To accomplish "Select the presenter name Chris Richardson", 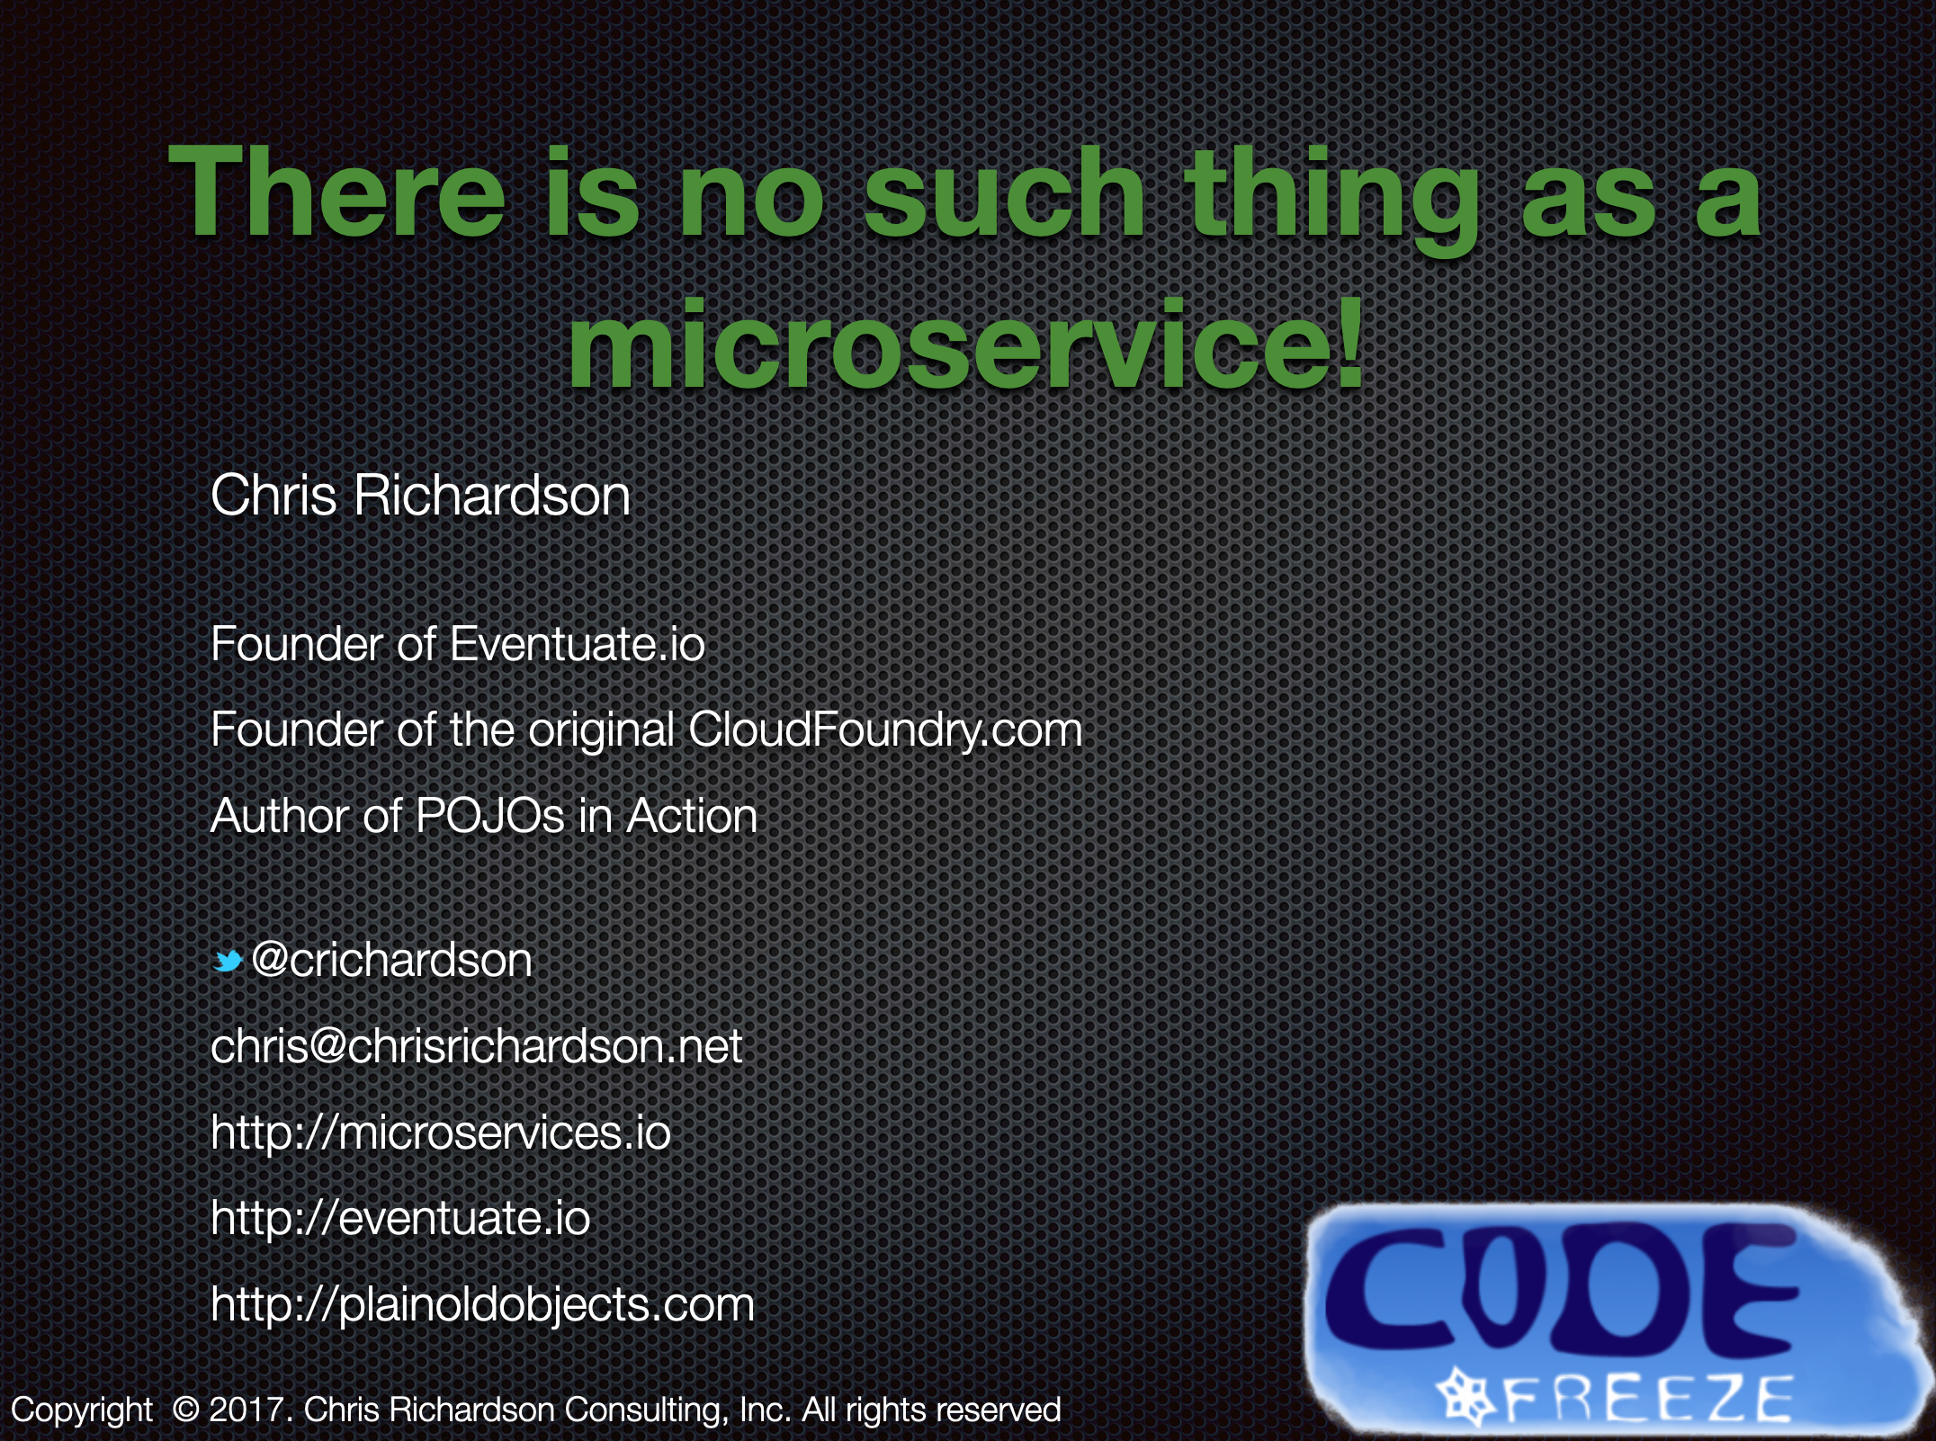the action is click(x=420, y=496).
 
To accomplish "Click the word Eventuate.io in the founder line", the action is click(x=577, y=644).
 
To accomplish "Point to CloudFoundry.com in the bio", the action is click(x=885, y=729).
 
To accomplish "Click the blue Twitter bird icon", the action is click(x=229, y=962).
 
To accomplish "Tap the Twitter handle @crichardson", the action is click(x=392, y=961).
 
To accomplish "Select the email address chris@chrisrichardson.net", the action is click(x=477, y=1046).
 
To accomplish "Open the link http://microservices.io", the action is click(x=441, y=1132).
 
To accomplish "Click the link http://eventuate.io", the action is click(x=400, y=1218).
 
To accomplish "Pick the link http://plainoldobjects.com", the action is click(x=482, y=1305).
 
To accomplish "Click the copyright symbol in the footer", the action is click(x=185, y=1410).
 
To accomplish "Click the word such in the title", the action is click(x=1005, y=193).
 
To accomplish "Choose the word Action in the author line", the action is click(x=692, y=817).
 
